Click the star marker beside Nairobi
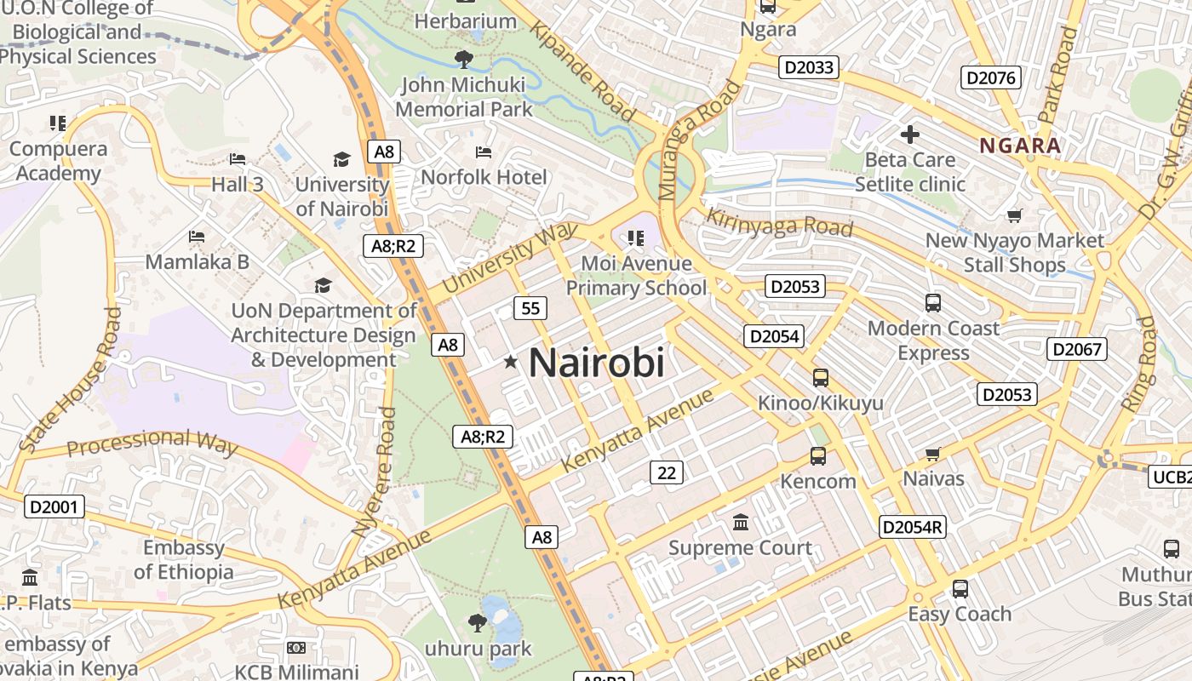click(x=511, y=363)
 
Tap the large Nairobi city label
click(x=596, y=363)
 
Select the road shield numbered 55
click(x=530, y=308)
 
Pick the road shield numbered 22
click(x=666, y=472)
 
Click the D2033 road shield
click(x=809, y=67)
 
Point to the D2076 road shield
click(x=991, y=78)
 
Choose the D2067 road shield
click(x=1077, y=348)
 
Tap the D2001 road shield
click(x=54, y=507)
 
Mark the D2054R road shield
click(x=913, y=527)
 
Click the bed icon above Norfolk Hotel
click(x=484, y=152)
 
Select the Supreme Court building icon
click(x=741, y=522)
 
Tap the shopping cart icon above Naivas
click(x=933, y=455)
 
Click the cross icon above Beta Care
click(x=910, y=134)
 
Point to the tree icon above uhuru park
click(x=478, y=623)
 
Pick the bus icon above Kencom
click(x=818, y=456)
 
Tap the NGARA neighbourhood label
click(x=1020, y=146)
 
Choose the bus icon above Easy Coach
click(x=960, y=589)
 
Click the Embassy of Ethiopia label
click(x=183, y=559)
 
